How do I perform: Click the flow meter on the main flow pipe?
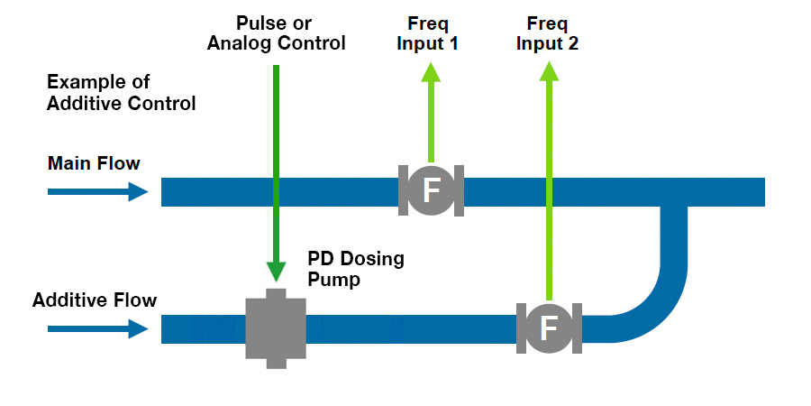[431, 190]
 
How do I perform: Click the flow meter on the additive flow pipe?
[548, 328]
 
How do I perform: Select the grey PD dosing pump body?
[276, 328]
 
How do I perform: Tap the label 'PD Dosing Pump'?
[356, 269]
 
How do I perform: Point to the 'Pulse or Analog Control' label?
[276, 32]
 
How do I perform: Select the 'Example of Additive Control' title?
[121, 92]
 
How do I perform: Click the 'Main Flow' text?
[94, 163]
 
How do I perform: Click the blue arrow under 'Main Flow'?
[97, 191]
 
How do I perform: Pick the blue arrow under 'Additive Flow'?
[97, 328]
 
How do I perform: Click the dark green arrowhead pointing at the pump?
[276, 270]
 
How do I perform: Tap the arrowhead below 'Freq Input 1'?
[431, 73]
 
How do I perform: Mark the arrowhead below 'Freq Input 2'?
[548, 73]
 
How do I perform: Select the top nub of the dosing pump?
[276, 294]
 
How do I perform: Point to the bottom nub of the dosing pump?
[276, 363]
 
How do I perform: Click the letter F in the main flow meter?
[431, 190]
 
